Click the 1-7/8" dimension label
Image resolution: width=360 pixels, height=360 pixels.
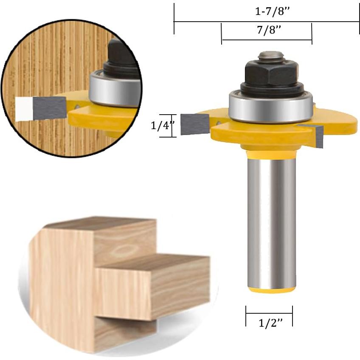[272, 12]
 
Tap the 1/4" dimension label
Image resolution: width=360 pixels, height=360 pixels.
[162, 126]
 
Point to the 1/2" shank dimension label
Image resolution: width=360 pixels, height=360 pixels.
[270, 323]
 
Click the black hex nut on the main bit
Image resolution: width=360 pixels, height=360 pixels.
[271, 73]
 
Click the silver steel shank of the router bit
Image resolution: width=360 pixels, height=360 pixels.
[272, 221]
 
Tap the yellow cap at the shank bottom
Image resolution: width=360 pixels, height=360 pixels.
[272, 290]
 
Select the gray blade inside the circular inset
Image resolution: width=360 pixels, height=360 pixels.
[49, 107]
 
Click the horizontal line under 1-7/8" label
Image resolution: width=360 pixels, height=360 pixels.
[267, 22]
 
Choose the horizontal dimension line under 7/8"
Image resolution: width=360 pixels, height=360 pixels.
[267, 40]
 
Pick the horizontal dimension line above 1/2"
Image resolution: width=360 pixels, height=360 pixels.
[269, 313]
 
